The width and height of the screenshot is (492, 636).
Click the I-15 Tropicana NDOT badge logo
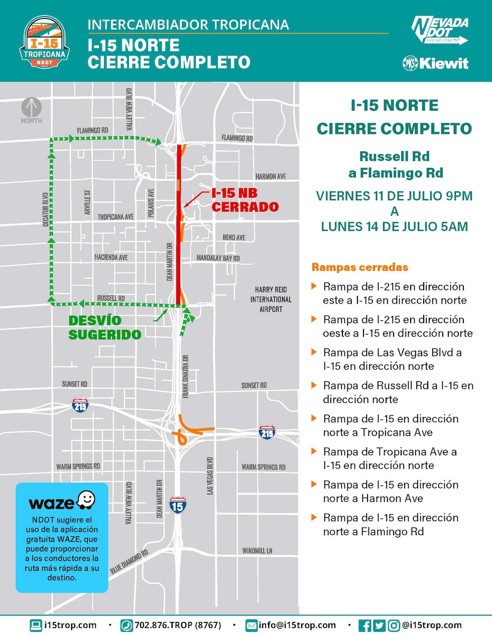coord(45,42)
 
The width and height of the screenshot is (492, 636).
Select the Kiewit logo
coord(435,63)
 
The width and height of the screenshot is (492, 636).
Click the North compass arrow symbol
coord(31,107)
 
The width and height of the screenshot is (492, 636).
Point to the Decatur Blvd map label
coord(46,209)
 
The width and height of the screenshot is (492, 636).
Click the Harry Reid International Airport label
coord(271,299)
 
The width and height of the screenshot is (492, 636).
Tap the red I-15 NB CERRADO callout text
coord(244,200)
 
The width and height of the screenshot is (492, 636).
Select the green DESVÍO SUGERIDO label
coord(105,328)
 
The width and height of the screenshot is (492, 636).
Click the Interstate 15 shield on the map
coord(177,505)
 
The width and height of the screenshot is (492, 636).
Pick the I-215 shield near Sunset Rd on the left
coord(80,405)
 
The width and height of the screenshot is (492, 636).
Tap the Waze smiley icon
coord(86,500)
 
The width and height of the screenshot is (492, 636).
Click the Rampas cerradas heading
coord(360,267)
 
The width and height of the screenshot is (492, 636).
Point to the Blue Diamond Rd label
coord(129,562)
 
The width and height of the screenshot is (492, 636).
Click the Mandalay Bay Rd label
coord(218,258)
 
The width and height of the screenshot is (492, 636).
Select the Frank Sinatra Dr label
coord(186,377)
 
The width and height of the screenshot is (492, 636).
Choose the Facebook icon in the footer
coord(365,625)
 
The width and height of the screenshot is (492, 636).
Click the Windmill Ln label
coord(257,551)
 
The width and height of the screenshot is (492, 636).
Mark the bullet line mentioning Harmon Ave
coord(391,492)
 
